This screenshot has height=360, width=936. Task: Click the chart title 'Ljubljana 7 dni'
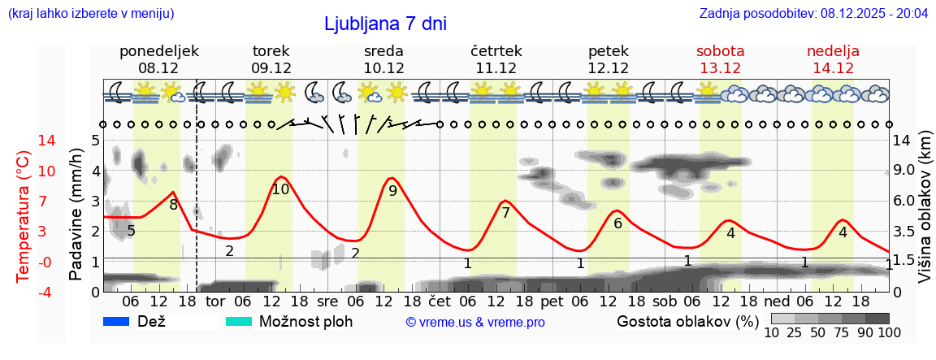click(385, 24)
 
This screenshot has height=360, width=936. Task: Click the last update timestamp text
click(813, 14)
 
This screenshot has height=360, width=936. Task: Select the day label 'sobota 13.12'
click(721, 59)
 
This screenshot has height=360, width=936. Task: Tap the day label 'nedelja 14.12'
click(833, 59)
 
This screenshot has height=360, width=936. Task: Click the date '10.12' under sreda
click(383, 68)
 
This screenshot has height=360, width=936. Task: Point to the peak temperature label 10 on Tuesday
click(280, 189)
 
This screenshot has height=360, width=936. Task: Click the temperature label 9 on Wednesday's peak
click(392, 191)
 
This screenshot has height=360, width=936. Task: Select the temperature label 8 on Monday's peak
click(173, 205)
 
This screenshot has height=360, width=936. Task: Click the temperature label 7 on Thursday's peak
click(505, 213)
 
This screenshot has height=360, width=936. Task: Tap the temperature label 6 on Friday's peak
click(617, 223)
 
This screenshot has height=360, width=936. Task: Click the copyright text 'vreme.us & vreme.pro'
click(475, 323)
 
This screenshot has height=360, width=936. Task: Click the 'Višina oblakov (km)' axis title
click(925, 216)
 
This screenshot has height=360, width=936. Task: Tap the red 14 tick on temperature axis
click(24, 141)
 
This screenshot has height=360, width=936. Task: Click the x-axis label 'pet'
click(551, 301)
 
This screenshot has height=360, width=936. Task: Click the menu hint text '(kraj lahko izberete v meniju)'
click(90, 14)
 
